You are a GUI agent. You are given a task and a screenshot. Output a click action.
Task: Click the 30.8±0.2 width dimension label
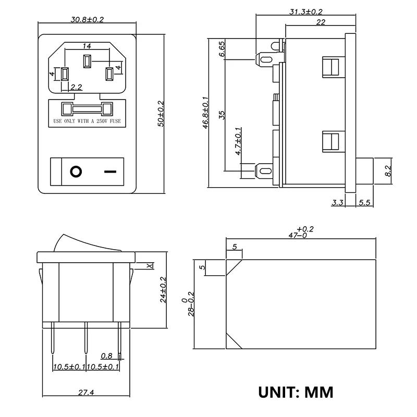[x=87, y=19]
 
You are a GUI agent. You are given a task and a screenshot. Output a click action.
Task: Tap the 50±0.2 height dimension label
[x=161, y=114]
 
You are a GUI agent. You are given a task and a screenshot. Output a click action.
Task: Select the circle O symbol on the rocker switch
[x=76, y=171]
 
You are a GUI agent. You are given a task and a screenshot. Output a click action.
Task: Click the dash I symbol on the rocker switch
[x=110, y=171]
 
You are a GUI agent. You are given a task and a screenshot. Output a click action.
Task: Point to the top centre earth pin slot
[x=87, y=61]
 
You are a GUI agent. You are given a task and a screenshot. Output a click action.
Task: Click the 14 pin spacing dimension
[x=87, y=46]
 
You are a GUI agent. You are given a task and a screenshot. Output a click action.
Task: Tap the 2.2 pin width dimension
[x=76, y=87]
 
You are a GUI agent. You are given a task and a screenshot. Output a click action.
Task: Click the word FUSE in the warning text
[x=115, y=121]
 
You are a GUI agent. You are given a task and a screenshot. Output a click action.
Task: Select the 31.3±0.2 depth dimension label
[x=306, y=11]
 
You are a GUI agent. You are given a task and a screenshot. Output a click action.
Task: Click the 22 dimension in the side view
[x=321, y=22]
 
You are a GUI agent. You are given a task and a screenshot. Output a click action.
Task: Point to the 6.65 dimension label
[x=222, y=49]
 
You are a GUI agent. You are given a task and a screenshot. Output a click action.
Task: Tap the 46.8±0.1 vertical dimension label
[x=206, y=113]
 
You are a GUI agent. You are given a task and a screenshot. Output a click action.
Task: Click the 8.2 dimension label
[x=388, y=171]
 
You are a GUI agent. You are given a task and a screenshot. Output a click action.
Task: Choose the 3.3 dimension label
[x=337, y=203]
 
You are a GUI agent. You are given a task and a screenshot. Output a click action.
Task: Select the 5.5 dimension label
[x=364, y=203]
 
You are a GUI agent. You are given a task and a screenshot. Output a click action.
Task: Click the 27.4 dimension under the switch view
[x=86, y=393]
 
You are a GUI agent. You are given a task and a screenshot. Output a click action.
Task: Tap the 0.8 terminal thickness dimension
[x=106, y=356]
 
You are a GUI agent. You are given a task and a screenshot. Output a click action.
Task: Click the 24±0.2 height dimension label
[x=163, y=290]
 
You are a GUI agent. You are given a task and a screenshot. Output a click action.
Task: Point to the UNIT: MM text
[x=296, y=393]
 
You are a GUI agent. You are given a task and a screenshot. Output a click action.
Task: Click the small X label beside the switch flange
[x=150, y=266]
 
